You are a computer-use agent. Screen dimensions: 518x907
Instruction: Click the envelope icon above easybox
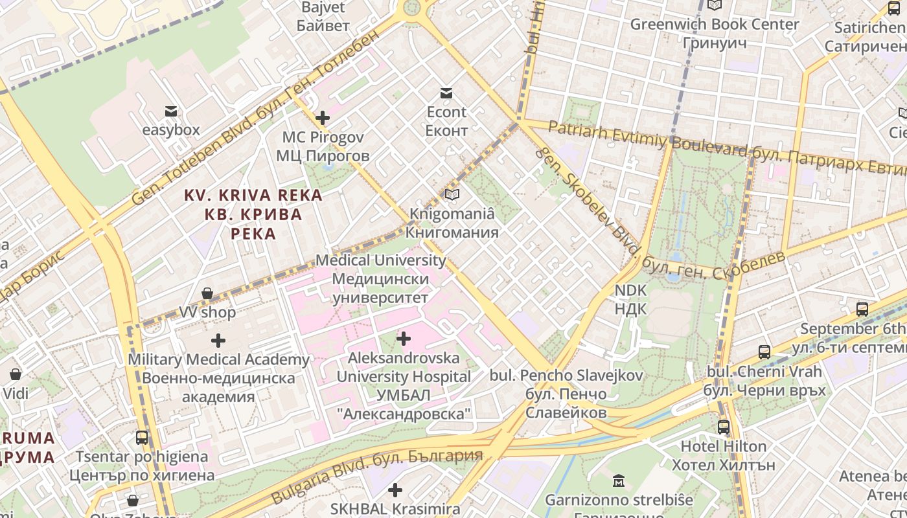click(x=171, y=111)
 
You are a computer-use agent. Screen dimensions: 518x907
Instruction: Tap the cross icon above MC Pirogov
click(x=322, y=118)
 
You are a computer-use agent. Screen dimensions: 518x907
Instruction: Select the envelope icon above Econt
click(x=446, y=93)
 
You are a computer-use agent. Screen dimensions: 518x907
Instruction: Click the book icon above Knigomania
click(x=452, y=194)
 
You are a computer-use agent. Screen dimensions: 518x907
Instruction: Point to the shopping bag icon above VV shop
click(x=207, y=294)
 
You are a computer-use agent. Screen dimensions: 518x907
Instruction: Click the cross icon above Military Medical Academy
click(x=218, y=340)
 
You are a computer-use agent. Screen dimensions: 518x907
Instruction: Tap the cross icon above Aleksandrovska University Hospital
click(x=403, y=338)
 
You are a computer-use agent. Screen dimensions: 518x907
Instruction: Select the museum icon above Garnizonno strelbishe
click(x=619, y=481)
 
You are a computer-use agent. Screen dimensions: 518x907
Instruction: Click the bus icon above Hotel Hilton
click(x=723, y=427)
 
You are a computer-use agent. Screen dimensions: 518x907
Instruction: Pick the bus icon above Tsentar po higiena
click(x=142, y=438)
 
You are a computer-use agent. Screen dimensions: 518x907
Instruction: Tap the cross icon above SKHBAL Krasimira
click(x=395, y=490)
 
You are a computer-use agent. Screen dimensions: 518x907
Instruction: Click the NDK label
click(x=630, y=299)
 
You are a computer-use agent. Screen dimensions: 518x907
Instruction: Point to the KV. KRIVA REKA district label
click(x=253, y=214)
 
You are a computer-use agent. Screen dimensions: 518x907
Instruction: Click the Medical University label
click(x=380, y=278)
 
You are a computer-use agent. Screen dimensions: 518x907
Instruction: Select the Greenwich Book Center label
click(x=715, y=34)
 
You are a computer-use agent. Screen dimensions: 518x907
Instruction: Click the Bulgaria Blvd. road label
click(x=376, y=474)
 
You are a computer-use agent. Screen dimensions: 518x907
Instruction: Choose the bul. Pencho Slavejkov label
click(x=566, y=394)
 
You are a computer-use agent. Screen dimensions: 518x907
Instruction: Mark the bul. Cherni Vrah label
click(x=764, y=381)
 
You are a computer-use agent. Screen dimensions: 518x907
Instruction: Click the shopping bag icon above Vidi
click(x=16, y=374)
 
